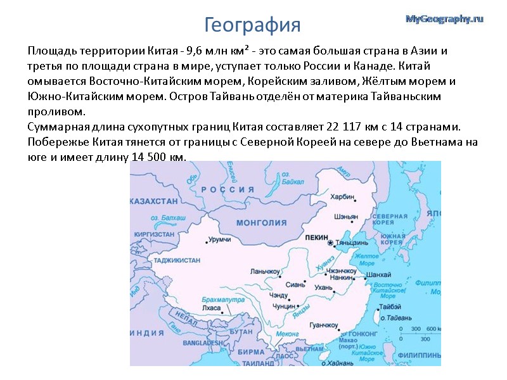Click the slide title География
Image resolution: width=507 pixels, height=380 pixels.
[252, 25]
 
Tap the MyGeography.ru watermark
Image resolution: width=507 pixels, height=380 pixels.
[444, 19]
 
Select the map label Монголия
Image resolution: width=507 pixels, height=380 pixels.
[261, 222]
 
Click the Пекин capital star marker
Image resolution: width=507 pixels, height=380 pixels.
[330, 243]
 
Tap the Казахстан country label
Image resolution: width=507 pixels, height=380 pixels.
[153, 201]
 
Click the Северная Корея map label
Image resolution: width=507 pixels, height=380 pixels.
[389, 219]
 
